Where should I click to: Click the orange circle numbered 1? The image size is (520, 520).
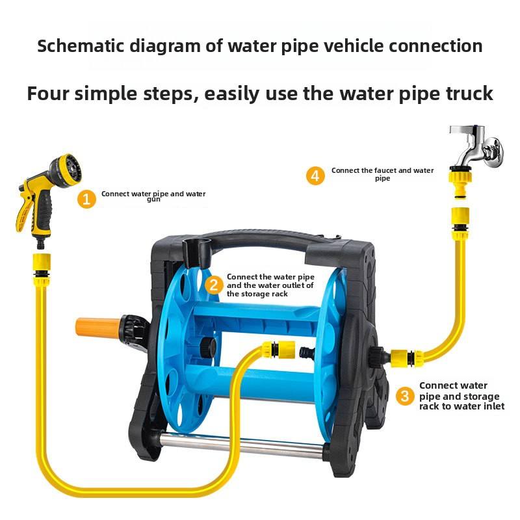pyautogui.click(x=86, y=199)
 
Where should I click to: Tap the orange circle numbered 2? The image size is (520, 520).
pyautogui.click(x=213, y=285)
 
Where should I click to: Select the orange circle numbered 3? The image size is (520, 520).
pyautogui.click(x=405, y=395)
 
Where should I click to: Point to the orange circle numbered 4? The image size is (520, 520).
pyautogui.click(x=316, y=175)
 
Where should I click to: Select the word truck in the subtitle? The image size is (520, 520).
pyautogui.click(x=464, y=93)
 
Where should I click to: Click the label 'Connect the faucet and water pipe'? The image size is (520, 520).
pyautogui.click(x=382, y=174)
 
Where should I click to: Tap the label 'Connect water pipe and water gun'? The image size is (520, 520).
pyautogui.click(x=153, y=196)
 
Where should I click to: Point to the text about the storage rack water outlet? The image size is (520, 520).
pyautogui.click(x=270, y=285)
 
